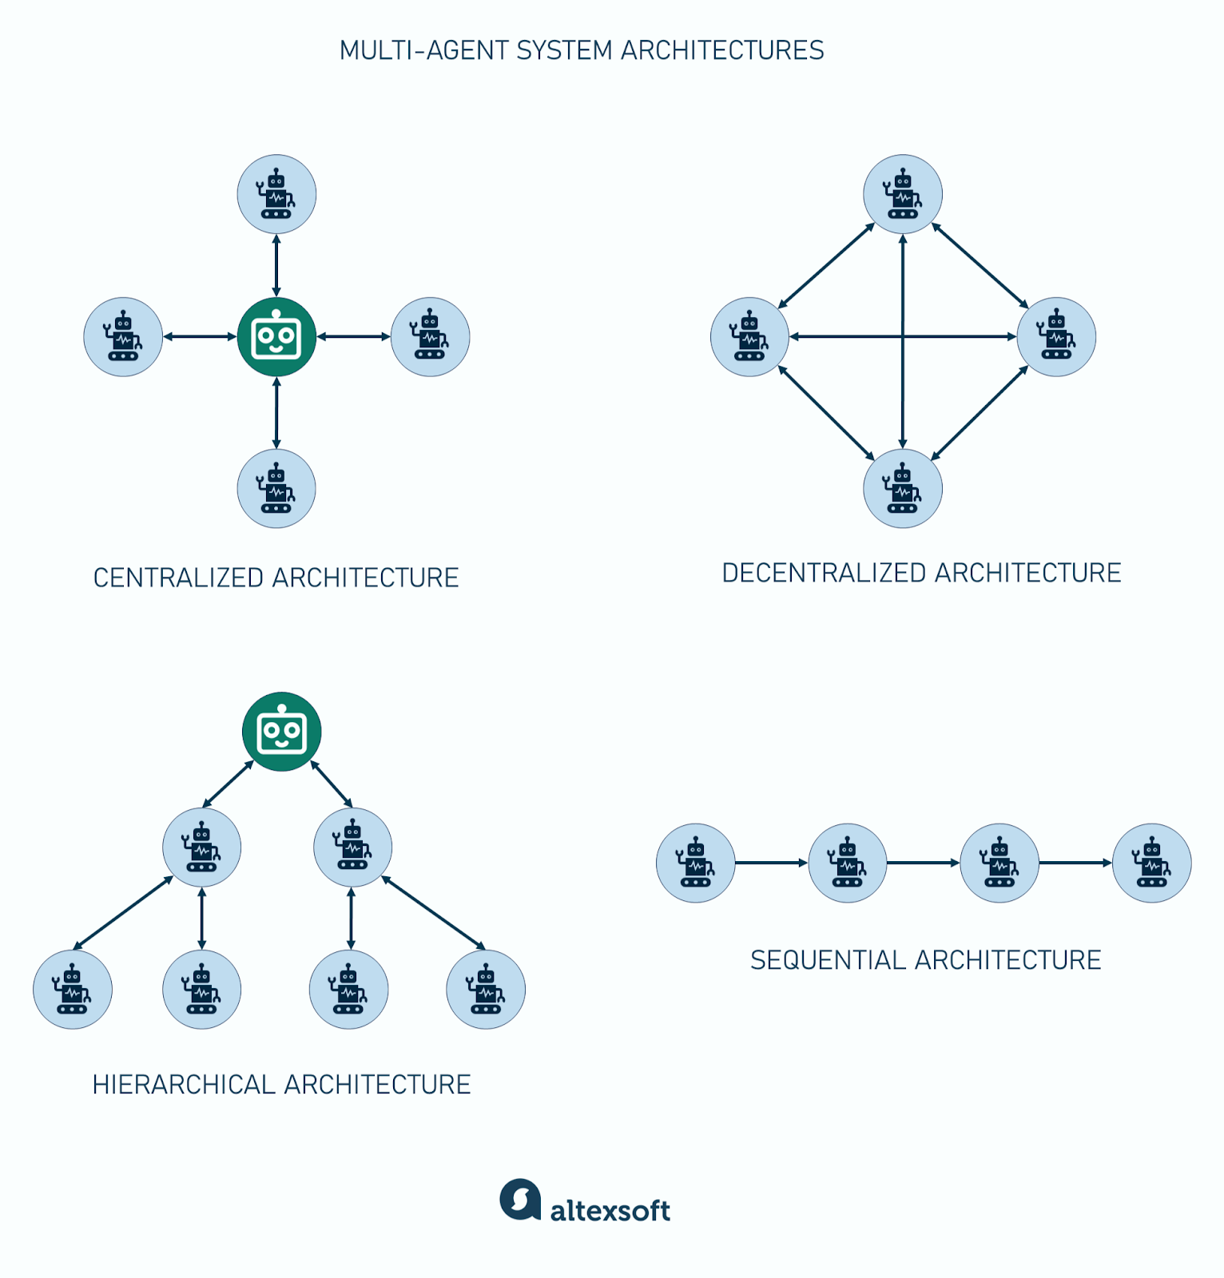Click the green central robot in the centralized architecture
click(276, 337)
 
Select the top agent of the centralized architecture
click(276, 194)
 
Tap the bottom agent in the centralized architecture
click(276, 488)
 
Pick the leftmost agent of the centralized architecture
click(123, 337)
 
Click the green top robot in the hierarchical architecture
click(281, 731)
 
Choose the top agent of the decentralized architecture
click(903, 194)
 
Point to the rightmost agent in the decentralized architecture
click(1056, 337)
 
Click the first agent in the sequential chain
click(695, 863)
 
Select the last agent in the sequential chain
click(1151, 863)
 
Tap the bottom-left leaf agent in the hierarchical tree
click(73, 989)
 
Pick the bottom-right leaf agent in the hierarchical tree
click(486, 989)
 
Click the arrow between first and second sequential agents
click(771, 863)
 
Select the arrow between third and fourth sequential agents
click(1075, 863)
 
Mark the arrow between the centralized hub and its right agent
click(353, 337)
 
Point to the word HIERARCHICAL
click(184, 1084)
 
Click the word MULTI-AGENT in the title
click(423, 50)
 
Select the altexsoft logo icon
click(520, 1199)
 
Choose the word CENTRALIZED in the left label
click(178, 577)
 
